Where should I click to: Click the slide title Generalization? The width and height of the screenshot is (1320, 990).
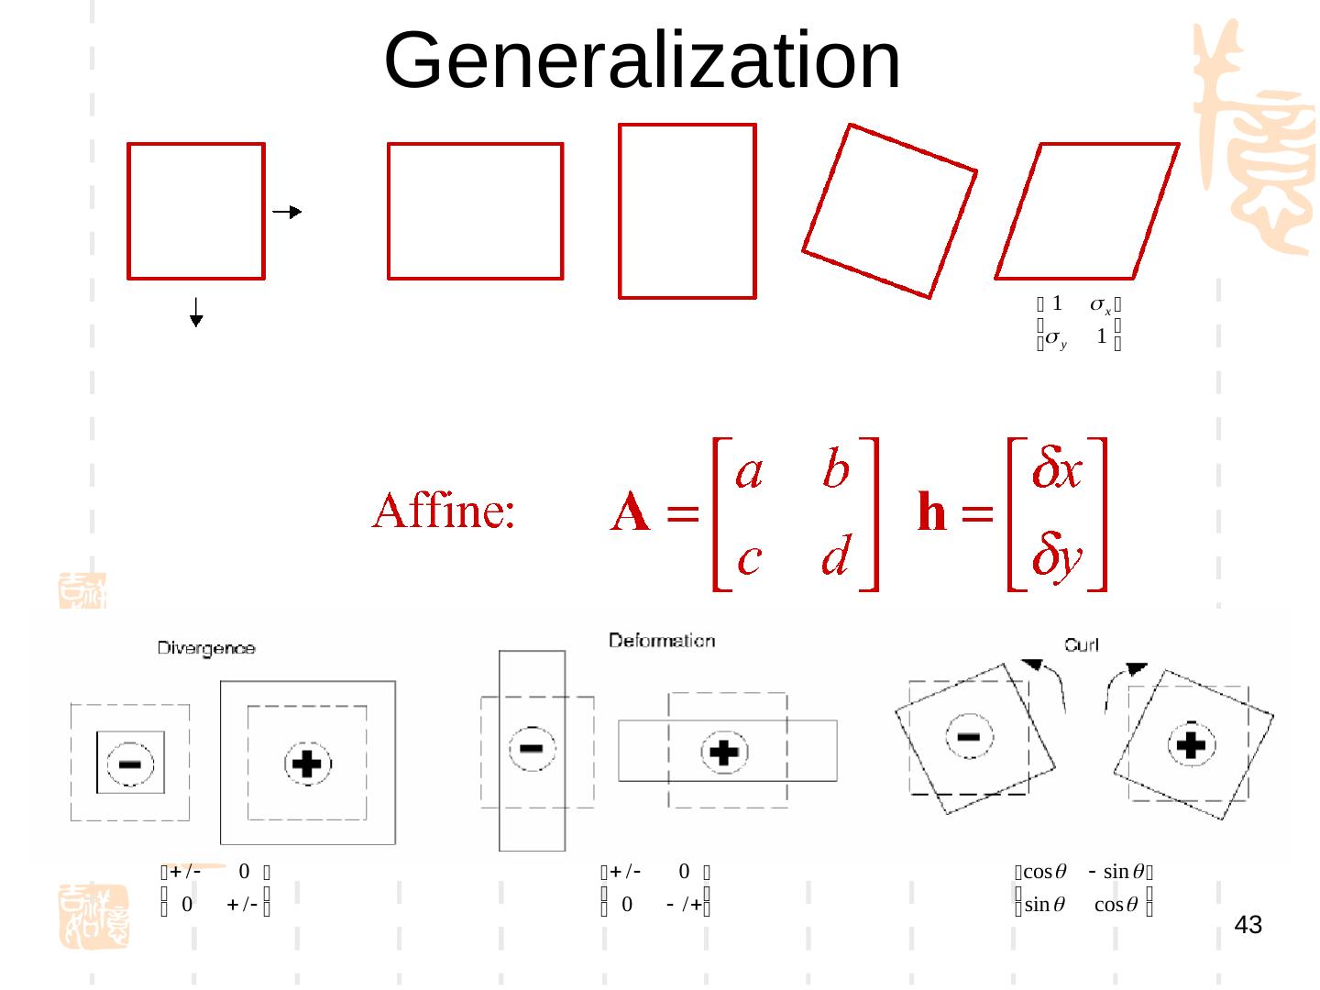643,60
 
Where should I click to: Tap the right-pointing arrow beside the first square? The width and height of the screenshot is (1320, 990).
288,213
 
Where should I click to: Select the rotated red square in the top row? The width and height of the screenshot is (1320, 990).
889,211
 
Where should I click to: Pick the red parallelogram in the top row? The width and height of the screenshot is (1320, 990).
1087,211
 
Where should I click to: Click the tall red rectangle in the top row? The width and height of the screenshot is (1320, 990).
687,211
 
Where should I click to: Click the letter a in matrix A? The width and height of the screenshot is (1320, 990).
750,473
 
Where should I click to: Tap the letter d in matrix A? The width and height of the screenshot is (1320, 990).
835,556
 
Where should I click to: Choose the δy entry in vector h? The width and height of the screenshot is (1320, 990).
1058,557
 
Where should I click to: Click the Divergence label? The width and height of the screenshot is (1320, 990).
206,648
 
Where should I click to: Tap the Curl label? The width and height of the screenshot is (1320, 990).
1082,645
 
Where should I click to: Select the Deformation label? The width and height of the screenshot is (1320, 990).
662,640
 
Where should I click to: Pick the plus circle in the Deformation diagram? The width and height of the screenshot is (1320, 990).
724,753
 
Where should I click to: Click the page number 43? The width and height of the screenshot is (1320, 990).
1248,926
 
